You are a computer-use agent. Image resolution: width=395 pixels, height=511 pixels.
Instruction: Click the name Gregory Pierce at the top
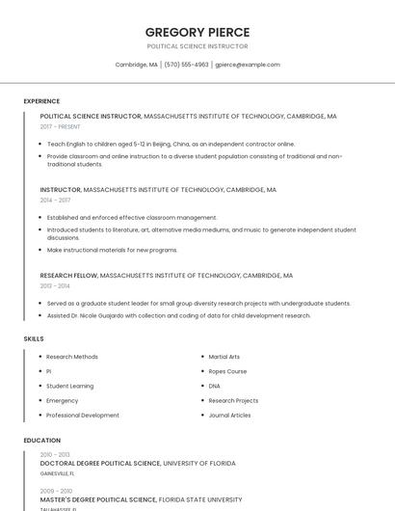tap(197, 32)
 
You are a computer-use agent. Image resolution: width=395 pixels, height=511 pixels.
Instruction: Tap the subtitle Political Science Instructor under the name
tap(197, 46)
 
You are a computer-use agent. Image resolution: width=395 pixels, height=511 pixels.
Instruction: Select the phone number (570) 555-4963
tap(187, 65)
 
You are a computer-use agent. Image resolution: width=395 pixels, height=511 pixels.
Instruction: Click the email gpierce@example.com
tap(248, 65)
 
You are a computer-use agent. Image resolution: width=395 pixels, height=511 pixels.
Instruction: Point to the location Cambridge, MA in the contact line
tap(136, 65)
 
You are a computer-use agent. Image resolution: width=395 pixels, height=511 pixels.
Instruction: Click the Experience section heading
tap(41, 101)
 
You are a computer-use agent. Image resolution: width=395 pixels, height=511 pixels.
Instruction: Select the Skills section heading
tap(34, 339)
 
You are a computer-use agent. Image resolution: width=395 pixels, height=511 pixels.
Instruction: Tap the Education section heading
tap(42, 441)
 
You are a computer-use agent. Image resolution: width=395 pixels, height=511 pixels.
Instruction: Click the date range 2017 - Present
tap(61, 126)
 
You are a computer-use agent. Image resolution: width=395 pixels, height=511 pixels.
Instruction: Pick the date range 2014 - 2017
tap(55, 201)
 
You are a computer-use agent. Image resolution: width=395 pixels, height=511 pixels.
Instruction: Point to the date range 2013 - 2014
tap(55, 285)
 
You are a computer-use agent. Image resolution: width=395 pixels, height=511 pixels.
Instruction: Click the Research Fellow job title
tap(68, 276)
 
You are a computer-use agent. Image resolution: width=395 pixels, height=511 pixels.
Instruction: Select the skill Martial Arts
tap(224, 357)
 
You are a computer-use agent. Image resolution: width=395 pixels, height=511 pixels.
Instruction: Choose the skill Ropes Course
tap(227, 371)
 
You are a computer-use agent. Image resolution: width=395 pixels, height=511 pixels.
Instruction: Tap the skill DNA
tap(214, 386)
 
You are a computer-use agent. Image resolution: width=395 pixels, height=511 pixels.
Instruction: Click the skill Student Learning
tap(70, 386)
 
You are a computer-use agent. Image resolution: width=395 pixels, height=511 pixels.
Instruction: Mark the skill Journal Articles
tap(229, 416)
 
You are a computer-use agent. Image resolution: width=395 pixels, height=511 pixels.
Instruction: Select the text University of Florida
tap(199, 464)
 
